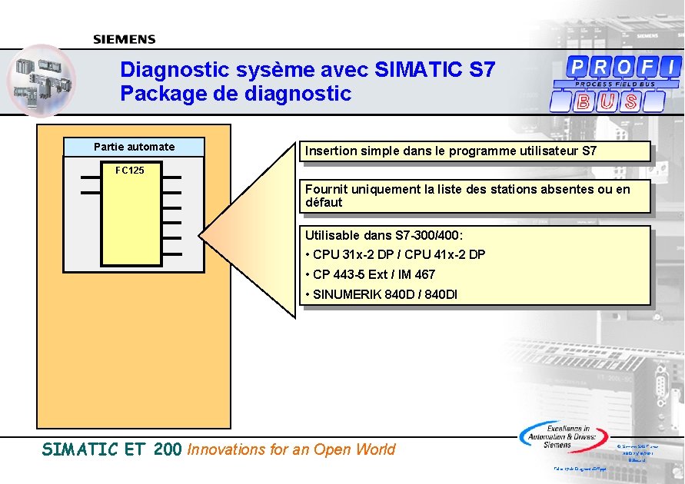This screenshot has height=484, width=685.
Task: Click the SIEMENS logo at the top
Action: coord(124,39)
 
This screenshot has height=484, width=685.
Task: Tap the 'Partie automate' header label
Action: coord(135,147)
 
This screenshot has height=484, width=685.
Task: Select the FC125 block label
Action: coord(129,170)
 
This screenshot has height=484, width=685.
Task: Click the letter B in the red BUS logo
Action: coord(584,101)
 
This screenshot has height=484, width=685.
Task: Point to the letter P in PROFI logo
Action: coord(576,66)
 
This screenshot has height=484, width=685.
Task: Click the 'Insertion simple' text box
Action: coord(451,151)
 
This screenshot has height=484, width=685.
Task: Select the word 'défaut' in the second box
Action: coord(324,203)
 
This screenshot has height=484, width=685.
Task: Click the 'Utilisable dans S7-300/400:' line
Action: coord(384,235)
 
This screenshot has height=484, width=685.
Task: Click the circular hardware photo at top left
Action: coord(42,80)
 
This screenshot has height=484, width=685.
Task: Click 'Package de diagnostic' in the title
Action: coord(235,94)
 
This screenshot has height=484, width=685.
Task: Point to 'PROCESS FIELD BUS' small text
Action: coord(615,84)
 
